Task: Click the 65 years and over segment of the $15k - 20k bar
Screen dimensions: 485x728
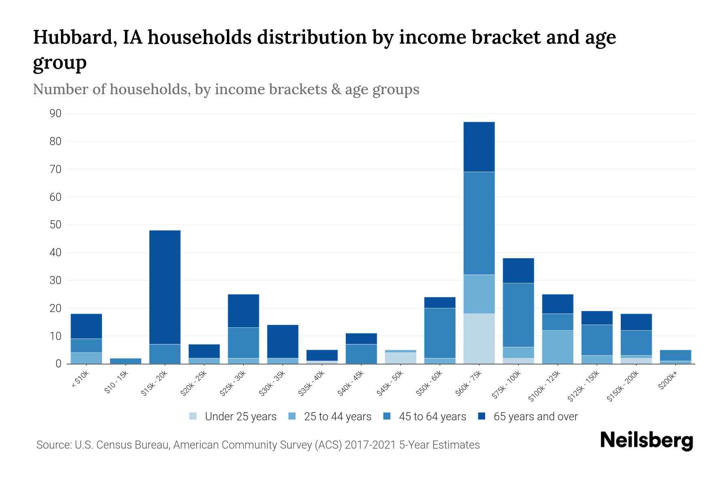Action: point(165,287)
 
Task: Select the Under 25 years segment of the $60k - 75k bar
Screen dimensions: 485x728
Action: point(479,339)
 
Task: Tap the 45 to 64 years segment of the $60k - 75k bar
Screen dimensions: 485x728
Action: point(479,223)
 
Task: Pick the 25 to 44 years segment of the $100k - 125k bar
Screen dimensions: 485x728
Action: point(558,347)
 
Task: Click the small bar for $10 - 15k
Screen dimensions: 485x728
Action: point(125,361)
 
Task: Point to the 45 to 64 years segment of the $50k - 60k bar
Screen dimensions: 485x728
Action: point(440,333)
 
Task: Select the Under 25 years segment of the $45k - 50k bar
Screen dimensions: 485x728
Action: point(400,358)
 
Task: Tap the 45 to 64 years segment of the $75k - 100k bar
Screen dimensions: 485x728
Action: point(518,315)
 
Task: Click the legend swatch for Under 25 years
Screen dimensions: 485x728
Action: point(193,416)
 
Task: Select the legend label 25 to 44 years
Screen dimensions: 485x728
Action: point(337,417)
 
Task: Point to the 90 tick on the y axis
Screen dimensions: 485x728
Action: point(56,114)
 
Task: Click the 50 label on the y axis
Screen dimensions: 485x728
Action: point(56,225)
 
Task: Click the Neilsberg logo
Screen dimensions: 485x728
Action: point(646,441)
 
